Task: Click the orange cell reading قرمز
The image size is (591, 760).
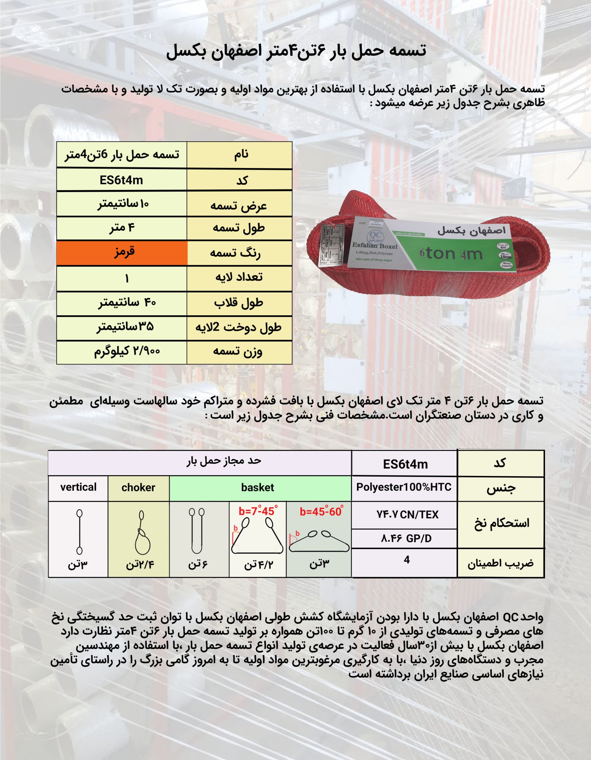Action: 122,253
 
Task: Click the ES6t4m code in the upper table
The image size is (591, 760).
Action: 121,180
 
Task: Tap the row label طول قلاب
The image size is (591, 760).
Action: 239,303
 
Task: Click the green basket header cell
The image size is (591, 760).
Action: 257,487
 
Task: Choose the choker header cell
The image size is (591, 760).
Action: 138,487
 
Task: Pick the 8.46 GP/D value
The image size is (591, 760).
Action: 406,539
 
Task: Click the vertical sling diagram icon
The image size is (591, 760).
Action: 80,532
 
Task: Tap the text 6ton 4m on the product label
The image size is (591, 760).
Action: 451,254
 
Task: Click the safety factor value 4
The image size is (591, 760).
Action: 407,560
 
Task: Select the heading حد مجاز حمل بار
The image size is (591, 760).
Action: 224,461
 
